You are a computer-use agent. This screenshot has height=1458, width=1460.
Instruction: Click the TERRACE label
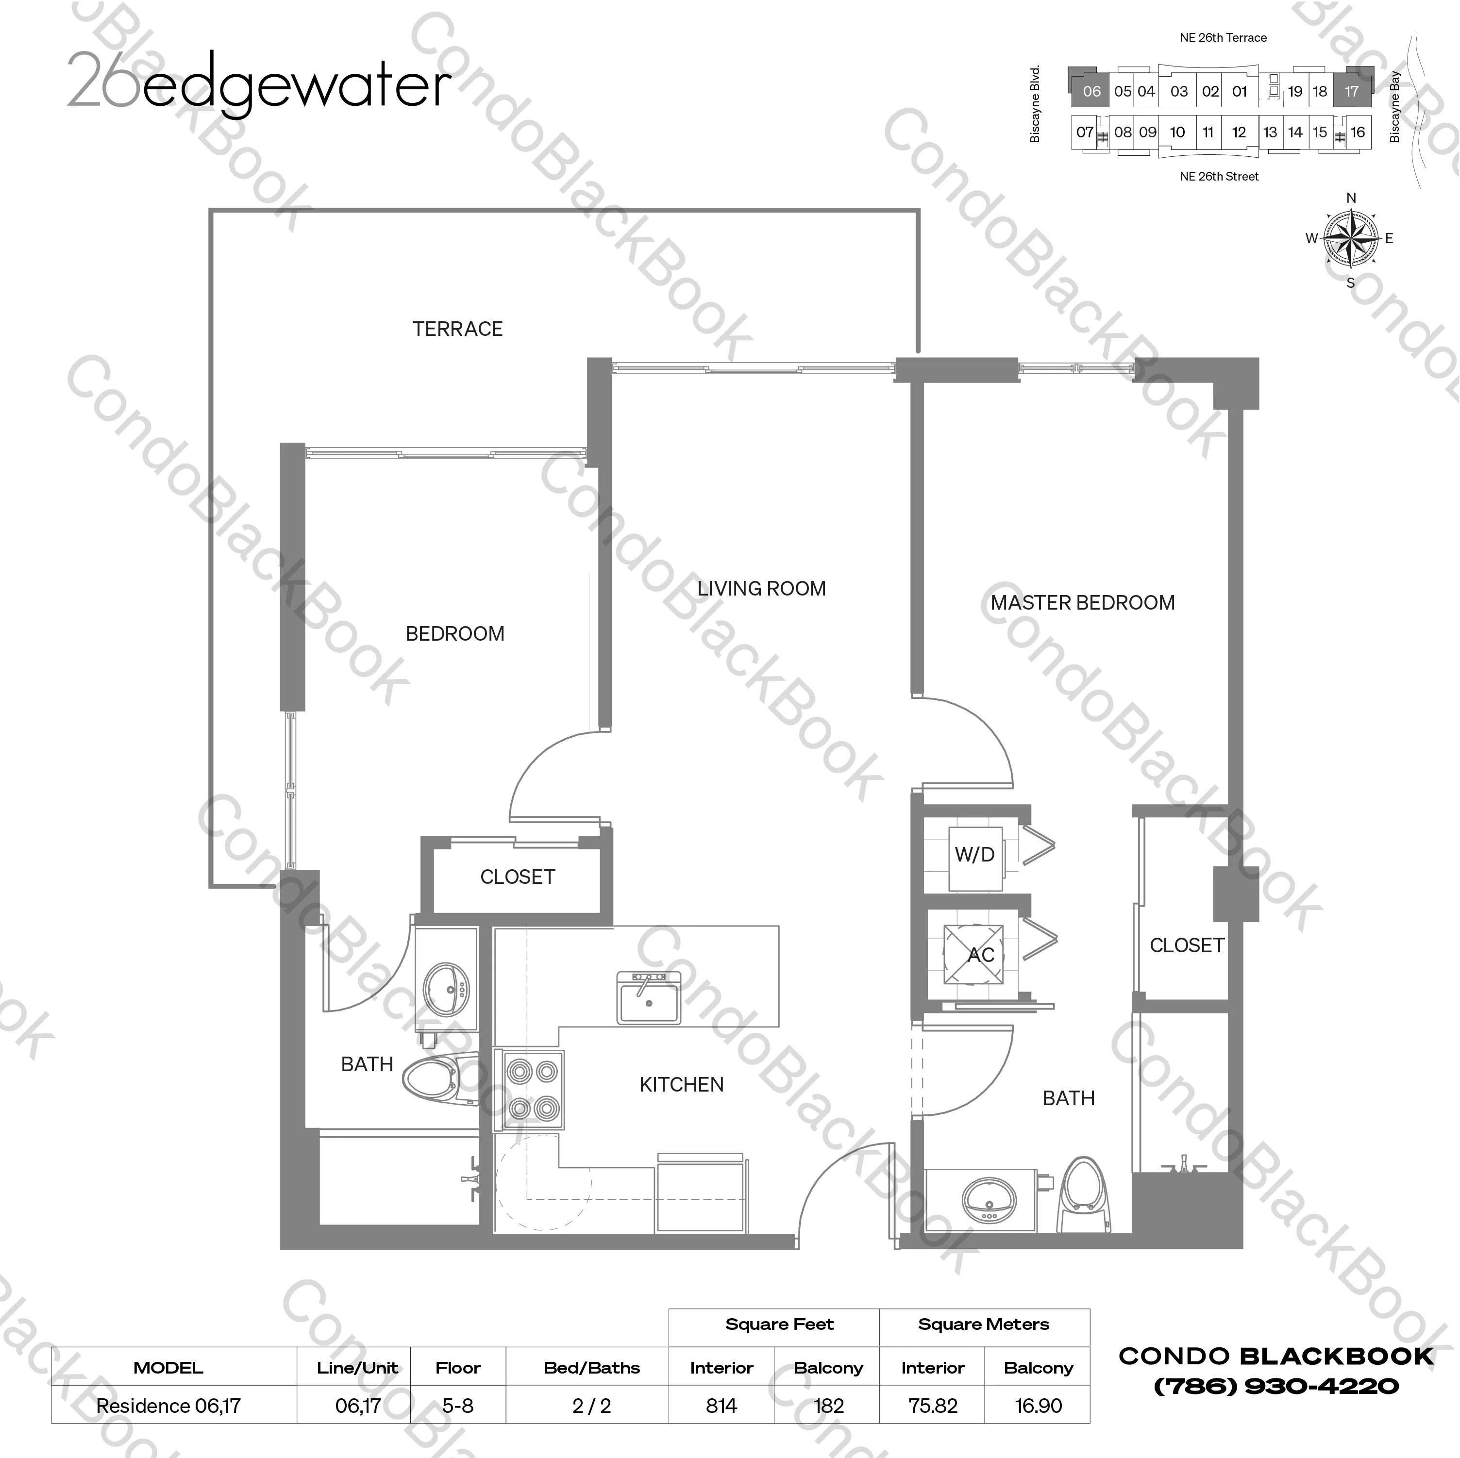[457, 329]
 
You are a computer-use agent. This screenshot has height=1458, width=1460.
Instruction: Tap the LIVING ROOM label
[761, 588]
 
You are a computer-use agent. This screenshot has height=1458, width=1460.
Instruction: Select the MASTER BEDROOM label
[1082, 603]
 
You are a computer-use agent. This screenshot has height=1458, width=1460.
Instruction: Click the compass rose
[1350, 239]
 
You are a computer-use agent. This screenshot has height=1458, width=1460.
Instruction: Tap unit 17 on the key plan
[1351, 91]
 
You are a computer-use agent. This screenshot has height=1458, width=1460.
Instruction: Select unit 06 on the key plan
[1091, 91]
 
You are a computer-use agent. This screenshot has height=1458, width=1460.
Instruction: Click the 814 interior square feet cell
[721, 1406]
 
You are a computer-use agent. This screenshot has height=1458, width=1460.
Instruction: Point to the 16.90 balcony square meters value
[1039, 1406]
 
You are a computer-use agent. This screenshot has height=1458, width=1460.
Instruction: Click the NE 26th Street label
[1219, 177]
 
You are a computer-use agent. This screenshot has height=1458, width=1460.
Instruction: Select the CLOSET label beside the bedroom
[518, 877]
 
